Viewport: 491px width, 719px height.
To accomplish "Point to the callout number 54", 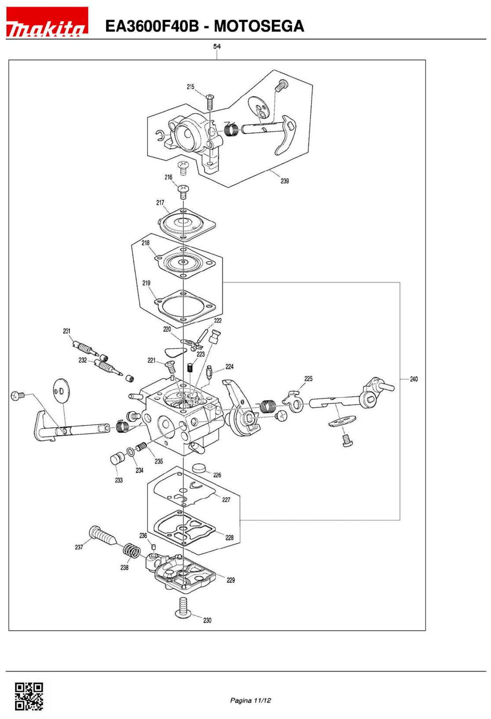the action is [x=217, y=46].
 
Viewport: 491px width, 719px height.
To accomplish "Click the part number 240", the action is [x=413, y=379].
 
